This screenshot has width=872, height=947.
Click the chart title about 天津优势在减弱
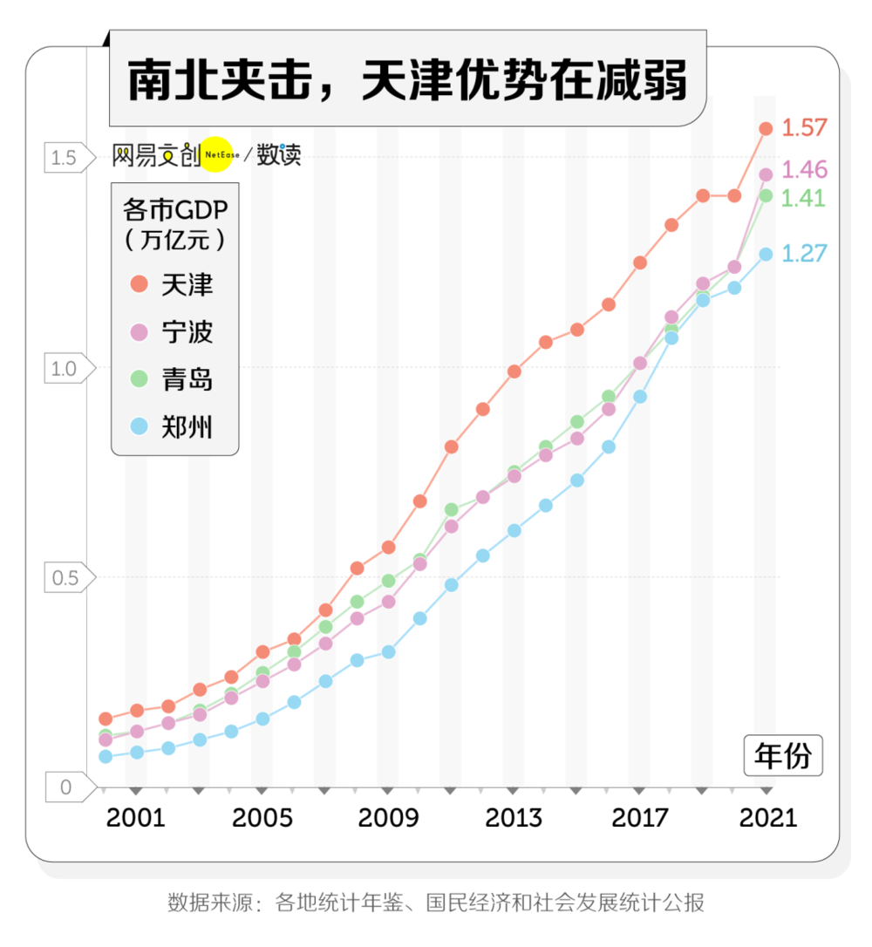point(407,80)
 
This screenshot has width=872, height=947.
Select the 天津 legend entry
point(174,284)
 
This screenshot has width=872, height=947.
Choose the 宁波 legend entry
point(174,332)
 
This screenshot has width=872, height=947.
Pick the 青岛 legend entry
point(174,380)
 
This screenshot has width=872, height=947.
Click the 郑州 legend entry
point(174,427)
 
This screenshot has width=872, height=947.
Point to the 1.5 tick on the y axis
point(64,158)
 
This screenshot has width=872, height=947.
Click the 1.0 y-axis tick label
point(64,368)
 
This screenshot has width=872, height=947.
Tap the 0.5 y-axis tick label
point(64,577)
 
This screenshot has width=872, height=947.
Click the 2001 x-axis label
point(135,818)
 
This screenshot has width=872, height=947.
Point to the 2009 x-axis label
point(388,818)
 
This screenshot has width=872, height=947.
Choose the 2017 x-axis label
point(640,818)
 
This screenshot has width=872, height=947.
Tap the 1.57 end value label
point(803,127)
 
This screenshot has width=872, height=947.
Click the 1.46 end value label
point(803,169)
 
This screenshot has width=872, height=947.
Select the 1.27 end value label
point(803,253)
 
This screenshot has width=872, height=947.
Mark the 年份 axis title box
point(783,756)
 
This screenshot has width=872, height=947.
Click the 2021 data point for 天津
point(766,129)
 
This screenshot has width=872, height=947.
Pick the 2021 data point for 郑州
point(766,254)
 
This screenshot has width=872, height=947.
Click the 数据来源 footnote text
point(436,903)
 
